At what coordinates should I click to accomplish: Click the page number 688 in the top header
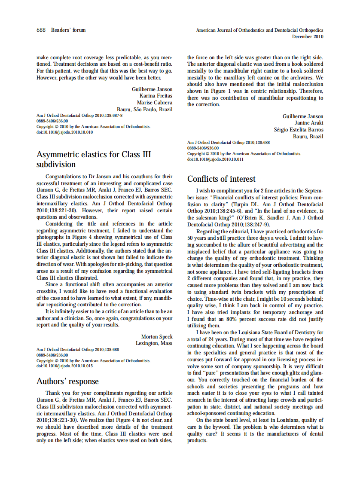41,30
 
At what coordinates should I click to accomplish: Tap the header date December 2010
308,37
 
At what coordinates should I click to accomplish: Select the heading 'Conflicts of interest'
221,179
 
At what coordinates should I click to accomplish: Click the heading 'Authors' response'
67,381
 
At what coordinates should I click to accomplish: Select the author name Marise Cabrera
155,103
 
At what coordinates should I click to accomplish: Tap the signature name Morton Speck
157,336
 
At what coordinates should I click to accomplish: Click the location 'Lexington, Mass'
154,343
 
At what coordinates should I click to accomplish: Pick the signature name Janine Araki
309,123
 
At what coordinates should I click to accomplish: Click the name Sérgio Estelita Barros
299,130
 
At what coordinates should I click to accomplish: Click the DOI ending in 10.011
215,159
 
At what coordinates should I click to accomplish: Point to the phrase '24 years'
217,339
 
